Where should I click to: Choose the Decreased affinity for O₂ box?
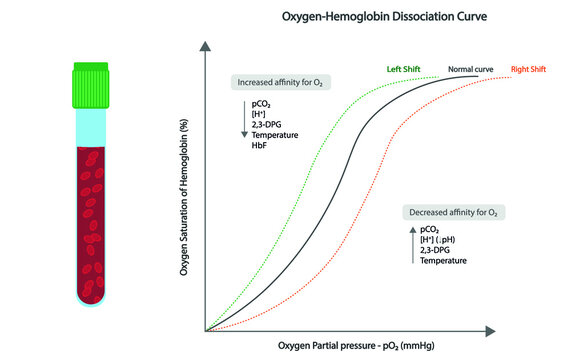(451, 213)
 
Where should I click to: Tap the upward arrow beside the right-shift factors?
(413, 245)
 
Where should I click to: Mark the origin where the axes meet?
(206, 329)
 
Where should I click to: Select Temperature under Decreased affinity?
(444, 260)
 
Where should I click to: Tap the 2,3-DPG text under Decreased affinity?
(438, 250)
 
